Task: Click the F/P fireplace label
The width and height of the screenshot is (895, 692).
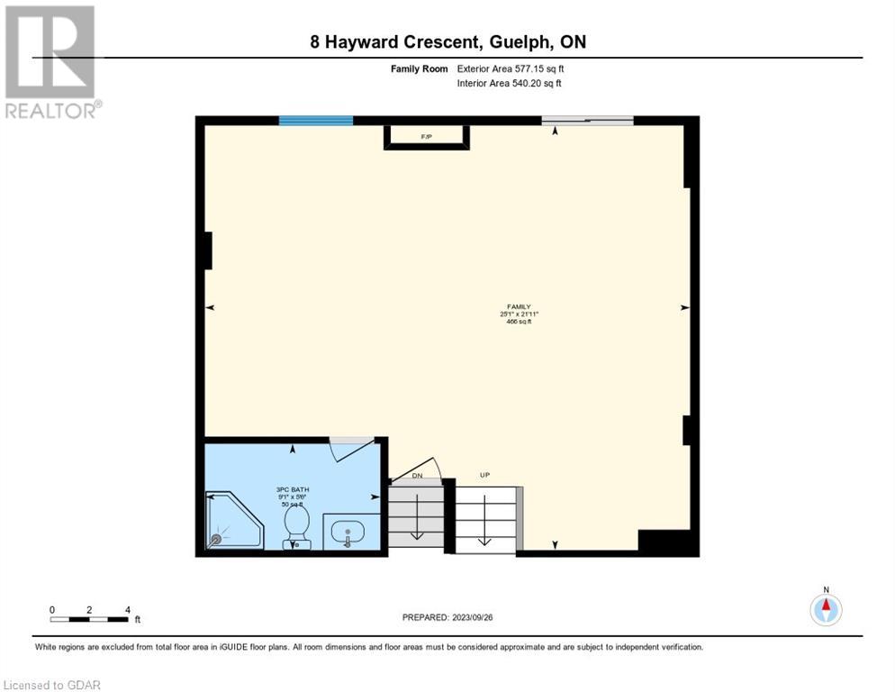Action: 426,137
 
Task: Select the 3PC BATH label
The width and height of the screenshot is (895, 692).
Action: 293,489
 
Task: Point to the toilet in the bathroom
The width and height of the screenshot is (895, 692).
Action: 297,528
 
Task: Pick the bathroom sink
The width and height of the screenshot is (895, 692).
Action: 347,533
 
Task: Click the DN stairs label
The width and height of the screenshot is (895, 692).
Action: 417,475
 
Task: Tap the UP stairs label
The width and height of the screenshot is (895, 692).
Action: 484,475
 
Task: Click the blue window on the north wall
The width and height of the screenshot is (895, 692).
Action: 315,121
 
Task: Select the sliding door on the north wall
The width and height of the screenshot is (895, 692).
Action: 587,121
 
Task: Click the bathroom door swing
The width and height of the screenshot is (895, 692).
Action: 351,448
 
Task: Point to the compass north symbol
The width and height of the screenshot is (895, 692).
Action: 826,608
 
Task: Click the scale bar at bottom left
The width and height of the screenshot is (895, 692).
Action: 90,618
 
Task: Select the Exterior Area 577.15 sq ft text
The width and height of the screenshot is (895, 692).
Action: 511,68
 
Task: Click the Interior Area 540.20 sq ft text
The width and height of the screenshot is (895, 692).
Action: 510,84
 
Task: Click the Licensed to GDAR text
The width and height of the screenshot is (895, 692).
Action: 52,685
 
